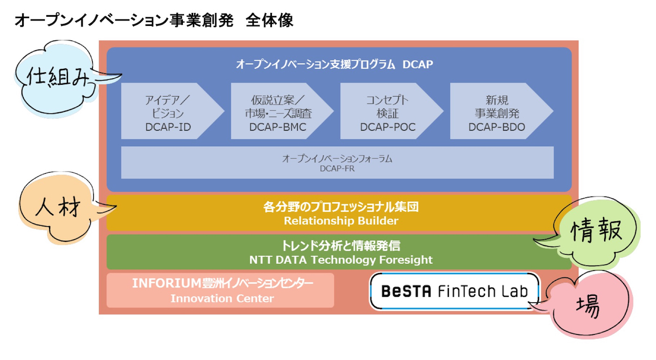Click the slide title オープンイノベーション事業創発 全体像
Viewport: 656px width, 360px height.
(x=154, y=21)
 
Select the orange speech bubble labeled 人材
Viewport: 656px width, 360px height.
(x=59, y=207)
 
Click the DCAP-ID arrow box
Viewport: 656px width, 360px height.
(x=173, y=111)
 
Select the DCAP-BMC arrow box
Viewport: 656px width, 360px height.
(x=282, y=111)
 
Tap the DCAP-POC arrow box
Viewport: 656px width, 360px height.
(x=392, y=111)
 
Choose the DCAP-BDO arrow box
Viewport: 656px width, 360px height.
(x=501, y=111)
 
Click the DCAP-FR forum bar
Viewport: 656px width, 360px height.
(x=337, y=162)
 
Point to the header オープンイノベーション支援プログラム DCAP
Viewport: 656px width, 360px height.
(x=334, y=64)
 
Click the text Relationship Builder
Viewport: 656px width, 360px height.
(x=341, y=221)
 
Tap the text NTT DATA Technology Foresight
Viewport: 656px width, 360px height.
(x=341, y=260)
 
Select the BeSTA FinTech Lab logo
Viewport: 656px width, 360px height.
(x=455, y=291)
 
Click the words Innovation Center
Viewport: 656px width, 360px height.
(x=222, y=298)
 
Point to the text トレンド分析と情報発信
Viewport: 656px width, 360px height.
(x=341, y=246)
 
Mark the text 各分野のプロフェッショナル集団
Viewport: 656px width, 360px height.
(x=341, y=207)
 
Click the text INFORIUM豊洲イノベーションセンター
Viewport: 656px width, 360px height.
(x=223, y=283)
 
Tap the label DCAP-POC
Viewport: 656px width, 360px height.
(x=388, y=127)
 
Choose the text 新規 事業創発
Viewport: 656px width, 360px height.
(x=497, y=107)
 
